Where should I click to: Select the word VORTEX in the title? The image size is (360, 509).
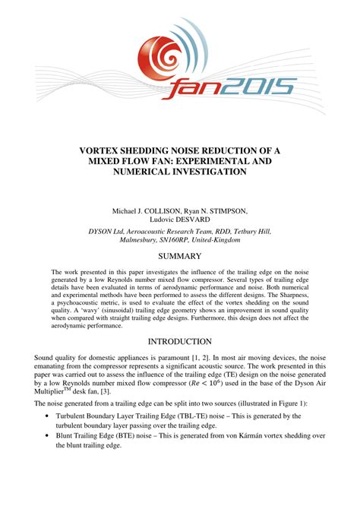(x=107, y=150)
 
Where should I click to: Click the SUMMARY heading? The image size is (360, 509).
(x=179, y=256)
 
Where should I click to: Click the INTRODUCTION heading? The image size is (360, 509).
(x=179, y=342)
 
